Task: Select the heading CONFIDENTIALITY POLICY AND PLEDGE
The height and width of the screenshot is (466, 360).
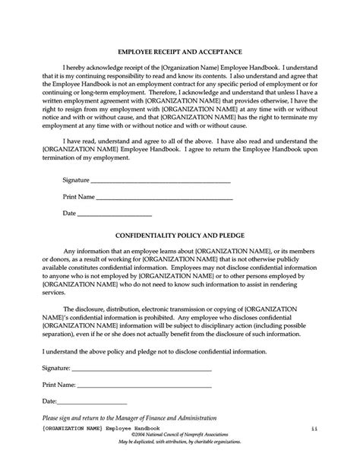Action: pos(179,236)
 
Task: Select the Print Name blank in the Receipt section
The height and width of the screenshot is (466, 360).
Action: pos(164,198)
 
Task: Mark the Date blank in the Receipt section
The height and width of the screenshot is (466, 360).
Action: pos(115,214)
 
